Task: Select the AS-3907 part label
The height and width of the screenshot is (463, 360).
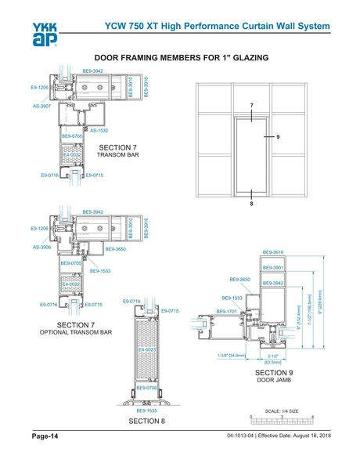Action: coord(42,105)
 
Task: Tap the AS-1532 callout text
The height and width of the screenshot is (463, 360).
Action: coord(99,130)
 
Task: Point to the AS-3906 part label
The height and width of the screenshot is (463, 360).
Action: coord(42,247)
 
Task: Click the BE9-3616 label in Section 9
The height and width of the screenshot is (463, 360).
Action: coord(273,252)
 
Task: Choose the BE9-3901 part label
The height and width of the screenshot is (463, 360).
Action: coord(273,268)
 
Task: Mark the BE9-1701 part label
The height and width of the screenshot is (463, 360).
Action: coord(227,312)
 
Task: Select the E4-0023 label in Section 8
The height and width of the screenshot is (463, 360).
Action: coord(149,349)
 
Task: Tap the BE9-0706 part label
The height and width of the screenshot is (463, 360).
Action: coord(147,388)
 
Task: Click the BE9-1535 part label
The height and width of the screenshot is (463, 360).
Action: coord(147,410)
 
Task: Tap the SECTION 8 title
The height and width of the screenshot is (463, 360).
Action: coord(147,421)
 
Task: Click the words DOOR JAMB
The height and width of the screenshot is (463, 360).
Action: coord(273,382)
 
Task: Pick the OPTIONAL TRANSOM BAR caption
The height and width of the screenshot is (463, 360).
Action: coord(77,333)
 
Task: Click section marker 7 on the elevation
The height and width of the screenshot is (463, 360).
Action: coord(252,105)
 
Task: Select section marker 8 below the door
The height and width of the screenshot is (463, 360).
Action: coord(252,204)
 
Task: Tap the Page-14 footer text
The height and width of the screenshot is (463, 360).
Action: coord(45,436)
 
